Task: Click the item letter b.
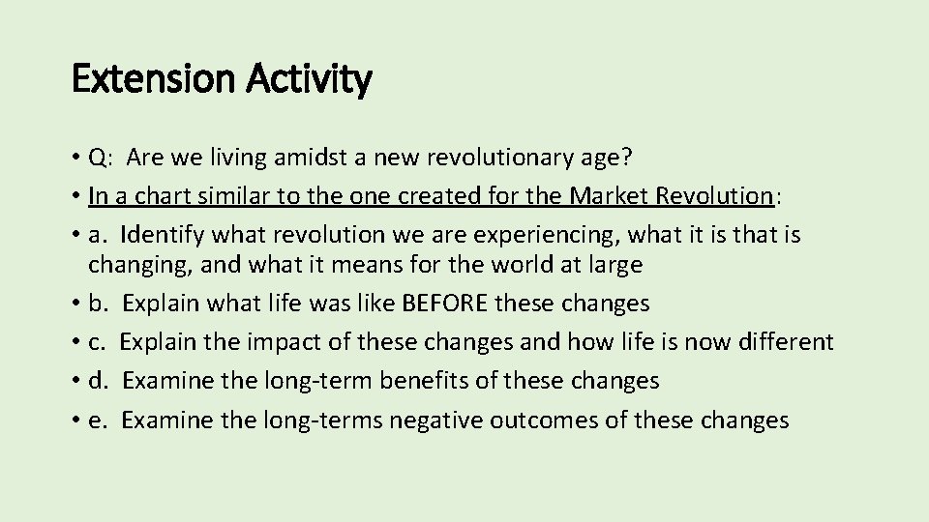96,303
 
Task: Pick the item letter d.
96,380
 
